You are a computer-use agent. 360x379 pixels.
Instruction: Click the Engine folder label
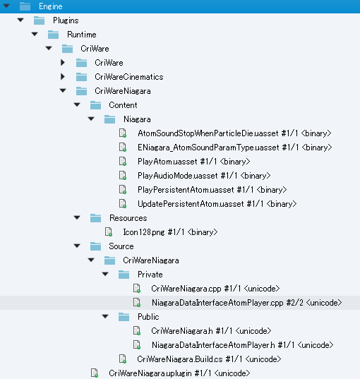click(50, 6)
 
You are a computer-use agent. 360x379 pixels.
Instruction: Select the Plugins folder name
click(66, 20)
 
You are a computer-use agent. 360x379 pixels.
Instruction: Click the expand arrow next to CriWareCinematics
click(63, 76)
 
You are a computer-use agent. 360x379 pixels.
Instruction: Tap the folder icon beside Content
click(95, 104)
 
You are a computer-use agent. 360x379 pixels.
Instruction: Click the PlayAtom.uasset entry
click(167, 161)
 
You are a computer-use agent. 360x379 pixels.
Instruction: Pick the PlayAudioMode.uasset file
click(176, 175)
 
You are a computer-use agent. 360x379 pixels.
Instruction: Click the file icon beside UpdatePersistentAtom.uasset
click(123, 203)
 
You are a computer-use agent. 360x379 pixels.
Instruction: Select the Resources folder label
click(128, 217)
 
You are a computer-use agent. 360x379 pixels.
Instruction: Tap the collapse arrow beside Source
click(77, 246)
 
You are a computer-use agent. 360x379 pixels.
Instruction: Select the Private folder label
click(150, 274)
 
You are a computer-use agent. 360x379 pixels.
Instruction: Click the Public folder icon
click(124, 316)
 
